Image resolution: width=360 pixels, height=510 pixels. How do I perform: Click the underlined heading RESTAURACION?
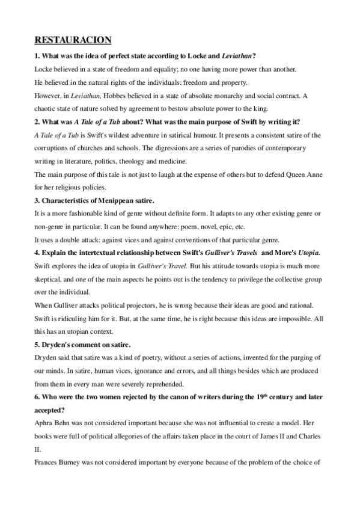pyautogui.click(x=73, y=40)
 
